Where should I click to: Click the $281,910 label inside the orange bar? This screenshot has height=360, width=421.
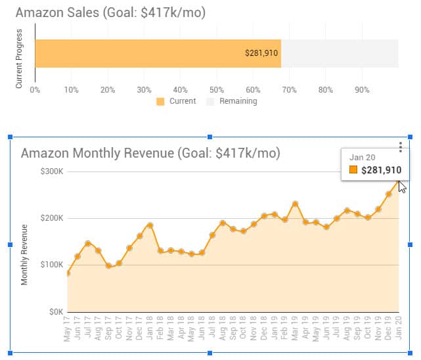point(261,53)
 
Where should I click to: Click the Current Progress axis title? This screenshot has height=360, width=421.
point(19,58)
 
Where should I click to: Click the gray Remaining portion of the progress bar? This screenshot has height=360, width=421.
point(339,53)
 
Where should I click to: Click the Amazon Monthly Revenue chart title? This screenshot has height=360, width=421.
point(150,153)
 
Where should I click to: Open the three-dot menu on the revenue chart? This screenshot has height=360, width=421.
point(401,148)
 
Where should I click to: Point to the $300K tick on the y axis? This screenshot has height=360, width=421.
point(52,171)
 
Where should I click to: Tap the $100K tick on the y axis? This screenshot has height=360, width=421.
point(52,265)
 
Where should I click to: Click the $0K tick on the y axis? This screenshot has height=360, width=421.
point(55,311)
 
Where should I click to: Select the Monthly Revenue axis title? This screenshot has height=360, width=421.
point(24,255)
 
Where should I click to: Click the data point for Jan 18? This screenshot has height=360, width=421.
point(150,225)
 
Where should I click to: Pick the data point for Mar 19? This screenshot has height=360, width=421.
point(296,204)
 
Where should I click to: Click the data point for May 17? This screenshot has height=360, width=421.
point(68,273)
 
